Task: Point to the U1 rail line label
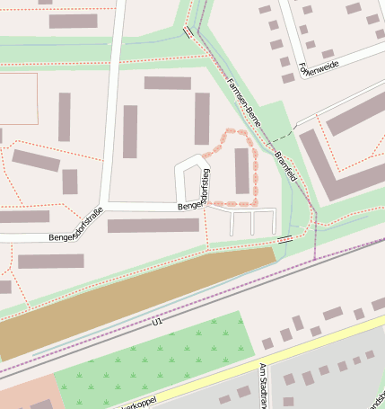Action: (x=158, y=321)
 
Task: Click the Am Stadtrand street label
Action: (x=264, y=385)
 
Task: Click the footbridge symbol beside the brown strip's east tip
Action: (x=285, y=239)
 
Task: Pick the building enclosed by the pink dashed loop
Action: (x=241, y=171)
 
